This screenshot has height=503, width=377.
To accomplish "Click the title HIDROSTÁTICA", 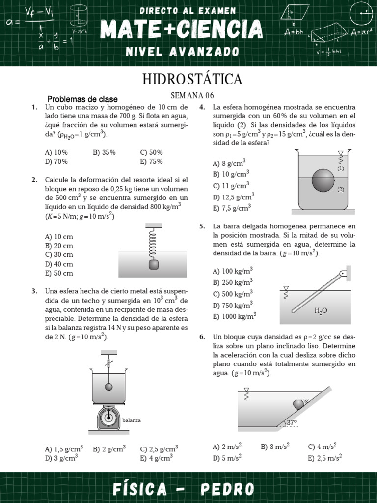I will click(x=192, y=79).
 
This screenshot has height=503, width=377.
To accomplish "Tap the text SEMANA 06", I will click(x=192, y=96).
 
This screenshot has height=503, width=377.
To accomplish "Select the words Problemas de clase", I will click(x=82, y=99).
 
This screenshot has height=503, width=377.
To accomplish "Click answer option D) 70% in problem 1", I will click(x=56, y=161).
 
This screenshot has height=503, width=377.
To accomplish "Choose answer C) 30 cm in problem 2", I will click(x=59, y=254).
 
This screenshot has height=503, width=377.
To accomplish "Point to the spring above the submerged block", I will click(x=154, y=244).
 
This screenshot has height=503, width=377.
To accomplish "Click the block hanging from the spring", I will click(x=154, y=265).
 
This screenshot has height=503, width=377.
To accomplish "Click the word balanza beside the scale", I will click(x=132, y=420).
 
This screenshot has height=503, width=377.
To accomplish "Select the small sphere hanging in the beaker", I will click(x=108, y=387).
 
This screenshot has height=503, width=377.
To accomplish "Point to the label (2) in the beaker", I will click(x=341, y=189).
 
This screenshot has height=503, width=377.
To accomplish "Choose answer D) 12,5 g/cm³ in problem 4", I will click(x=233, y=197).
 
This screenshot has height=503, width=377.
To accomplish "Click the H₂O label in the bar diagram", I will click(x=321, y=310).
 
